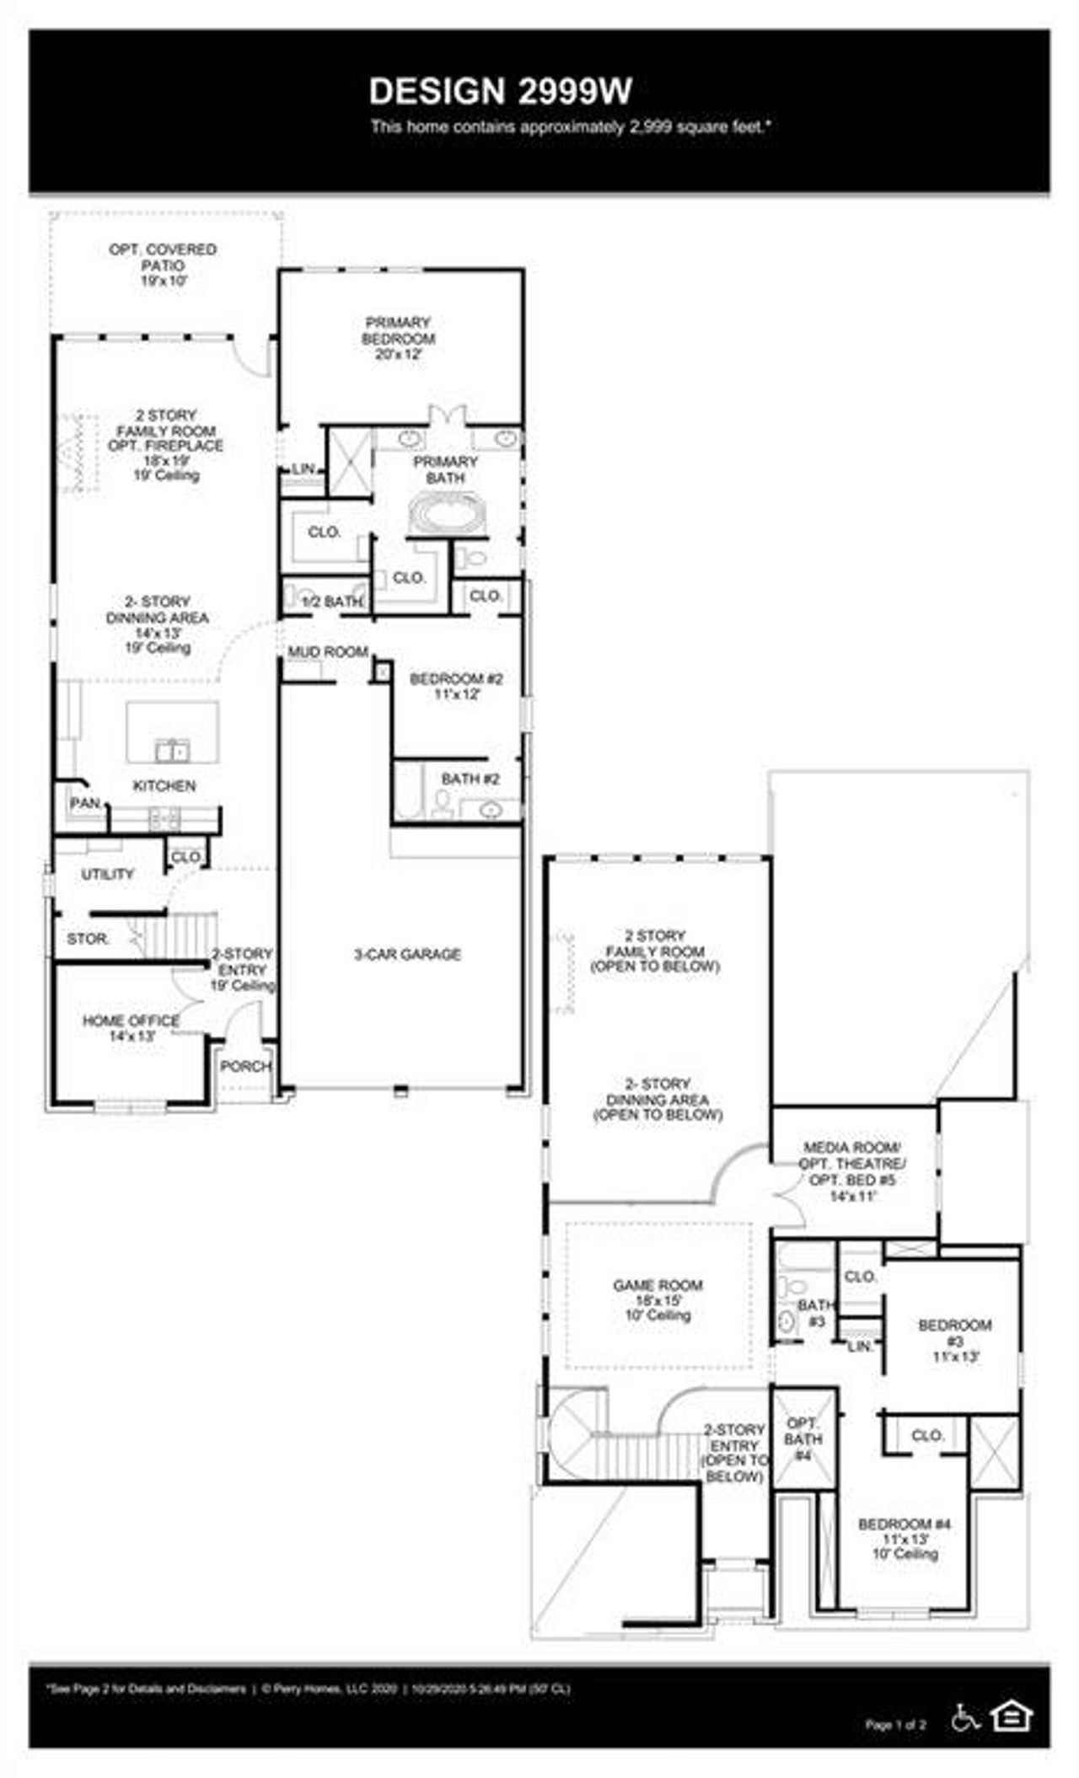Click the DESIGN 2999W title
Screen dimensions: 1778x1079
click(500, 92)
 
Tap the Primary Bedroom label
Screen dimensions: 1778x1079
click(399, 338)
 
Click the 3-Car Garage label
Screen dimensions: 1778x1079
click(407, 954)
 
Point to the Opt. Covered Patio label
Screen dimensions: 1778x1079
click(163, 265)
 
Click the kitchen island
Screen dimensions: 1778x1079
click(173, 731)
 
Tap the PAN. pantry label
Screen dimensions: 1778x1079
click(85, 803)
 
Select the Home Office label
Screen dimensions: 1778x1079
click(131, 1027)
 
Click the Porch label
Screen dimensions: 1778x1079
click(245, 1066)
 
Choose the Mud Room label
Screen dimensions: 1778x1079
click(328, 651)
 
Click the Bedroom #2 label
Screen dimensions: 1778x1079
click(456, 686)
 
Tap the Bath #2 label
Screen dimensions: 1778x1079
click(470, 779)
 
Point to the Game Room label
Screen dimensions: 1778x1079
click(658, 1299)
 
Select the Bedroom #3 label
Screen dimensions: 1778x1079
click(955, 1341)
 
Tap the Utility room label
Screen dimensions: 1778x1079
click(107, 874)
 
